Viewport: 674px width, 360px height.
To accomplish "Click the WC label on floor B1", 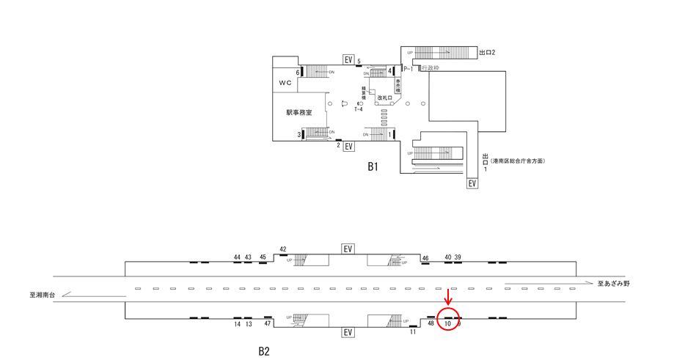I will [x=285, y=83].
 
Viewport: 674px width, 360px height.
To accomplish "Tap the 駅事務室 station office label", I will [x=299, y=113].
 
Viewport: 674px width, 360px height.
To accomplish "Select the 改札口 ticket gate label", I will [x=385, y=98].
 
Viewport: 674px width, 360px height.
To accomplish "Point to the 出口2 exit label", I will [x=487, y=53].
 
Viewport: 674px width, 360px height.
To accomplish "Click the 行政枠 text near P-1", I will [x=431, y=68].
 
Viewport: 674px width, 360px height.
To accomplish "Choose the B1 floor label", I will [x=373, y=166].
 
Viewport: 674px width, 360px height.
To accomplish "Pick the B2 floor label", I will [x=264, y=351].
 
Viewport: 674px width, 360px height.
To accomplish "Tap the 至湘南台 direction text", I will [x=43, y=295].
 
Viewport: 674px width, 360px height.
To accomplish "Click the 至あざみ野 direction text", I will [x=613, y=283].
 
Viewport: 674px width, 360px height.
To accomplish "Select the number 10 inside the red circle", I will [x=447, y=323].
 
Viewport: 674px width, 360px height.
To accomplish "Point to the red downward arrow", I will [x=448, y=297].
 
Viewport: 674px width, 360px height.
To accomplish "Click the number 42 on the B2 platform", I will [x=283, y=249].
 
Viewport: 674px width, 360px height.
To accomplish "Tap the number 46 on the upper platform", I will [x=425, y=258].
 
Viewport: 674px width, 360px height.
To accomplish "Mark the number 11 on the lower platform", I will [x=413, y=332].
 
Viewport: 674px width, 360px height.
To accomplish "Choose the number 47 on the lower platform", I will [x=268, y=323].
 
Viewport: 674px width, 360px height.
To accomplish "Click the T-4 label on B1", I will [x=359, y=109].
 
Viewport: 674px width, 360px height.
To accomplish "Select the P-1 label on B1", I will [x=409, y=68].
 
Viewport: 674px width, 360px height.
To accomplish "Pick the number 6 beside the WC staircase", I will [x=298, y=73].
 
